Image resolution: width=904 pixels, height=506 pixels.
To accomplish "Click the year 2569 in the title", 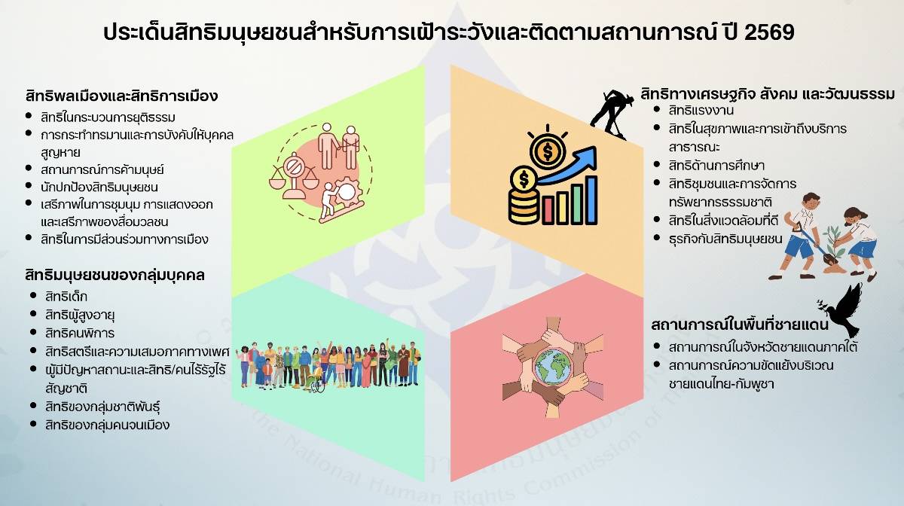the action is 769,32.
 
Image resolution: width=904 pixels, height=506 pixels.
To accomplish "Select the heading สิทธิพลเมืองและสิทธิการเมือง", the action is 121,96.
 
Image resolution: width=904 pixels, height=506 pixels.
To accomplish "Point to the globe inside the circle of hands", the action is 553,367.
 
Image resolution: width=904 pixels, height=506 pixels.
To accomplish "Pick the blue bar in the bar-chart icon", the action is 591,200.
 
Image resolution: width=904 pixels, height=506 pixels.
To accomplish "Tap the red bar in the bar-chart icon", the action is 548,210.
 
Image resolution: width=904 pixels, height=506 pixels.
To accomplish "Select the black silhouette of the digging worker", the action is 610,114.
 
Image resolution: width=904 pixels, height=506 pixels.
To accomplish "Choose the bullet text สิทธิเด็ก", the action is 66,297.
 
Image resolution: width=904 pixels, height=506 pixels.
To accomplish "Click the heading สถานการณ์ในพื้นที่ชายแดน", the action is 740,325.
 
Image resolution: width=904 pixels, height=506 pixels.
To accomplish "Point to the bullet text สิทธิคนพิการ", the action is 80,333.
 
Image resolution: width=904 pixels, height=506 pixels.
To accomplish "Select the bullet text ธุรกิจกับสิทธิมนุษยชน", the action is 725,239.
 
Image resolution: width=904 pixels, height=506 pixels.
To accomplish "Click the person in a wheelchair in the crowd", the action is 318,379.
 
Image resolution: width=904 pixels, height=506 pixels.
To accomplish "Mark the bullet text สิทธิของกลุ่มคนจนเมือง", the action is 107,425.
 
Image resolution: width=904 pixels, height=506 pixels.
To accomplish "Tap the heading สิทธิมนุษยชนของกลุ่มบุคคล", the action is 115,275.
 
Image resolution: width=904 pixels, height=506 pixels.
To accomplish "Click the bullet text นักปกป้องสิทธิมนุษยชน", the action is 99,187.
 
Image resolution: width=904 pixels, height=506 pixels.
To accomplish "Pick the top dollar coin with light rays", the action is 548,151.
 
